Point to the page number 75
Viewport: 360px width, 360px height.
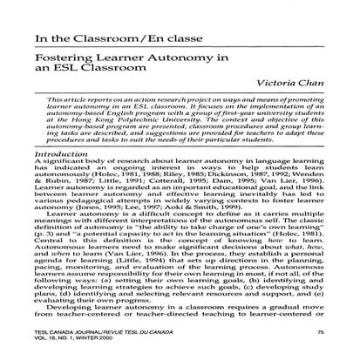click(323, 334)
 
